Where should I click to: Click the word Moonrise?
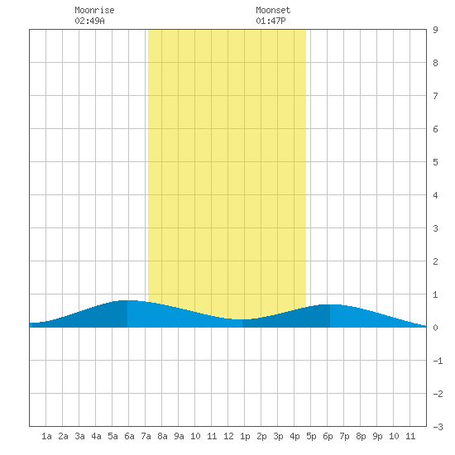point(94,10)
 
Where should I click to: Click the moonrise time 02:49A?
point(89,21)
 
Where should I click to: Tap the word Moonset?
point(273,10)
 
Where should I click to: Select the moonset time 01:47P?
point(271,21)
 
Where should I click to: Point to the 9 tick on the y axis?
point(435,30)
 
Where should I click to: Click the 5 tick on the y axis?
point(435,162)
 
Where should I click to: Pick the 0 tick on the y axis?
point(435,328)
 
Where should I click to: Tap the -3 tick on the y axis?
point(438,427)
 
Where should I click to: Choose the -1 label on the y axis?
point(438,361)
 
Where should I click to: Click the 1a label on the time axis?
point(46,436)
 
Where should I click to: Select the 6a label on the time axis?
point(129,436)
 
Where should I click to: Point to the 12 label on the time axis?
point(228,436)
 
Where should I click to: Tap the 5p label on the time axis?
point(311,436)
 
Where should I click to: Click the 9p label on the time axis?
point(377,436)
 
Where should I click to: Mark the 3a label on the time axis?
point(79,436)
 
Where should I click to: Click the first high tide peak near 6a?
point(127,300)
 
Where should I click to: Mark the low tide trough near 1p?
point(242,319)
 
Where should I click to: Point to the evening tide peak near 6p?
point(329,304)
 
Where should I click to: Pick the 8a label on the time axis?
point(162,436)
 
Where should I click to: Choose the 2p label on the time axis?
point(261,436)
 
